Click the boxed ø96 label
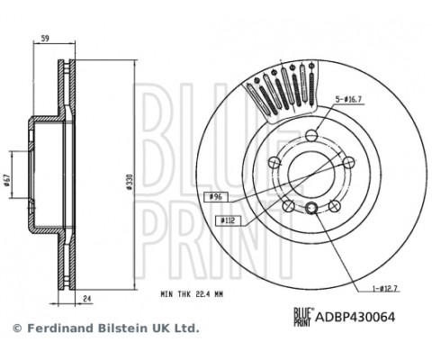click(x=216, y=195)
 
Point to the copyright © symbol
click(x=16, y=328)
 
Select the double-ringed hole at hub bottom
click(x=310, y=210)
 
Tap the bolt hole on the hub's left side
click(x=274, y=164)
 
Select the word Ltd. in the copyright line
click(x=187, y=328)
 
